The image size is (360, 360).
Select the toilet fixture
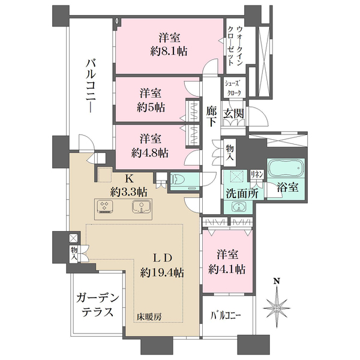click(x=180, y=179)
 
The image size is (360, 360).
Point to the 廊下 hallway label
click(x=211, y=115)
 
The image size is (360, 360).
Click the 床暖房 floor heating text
click(x=148, y=316)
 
